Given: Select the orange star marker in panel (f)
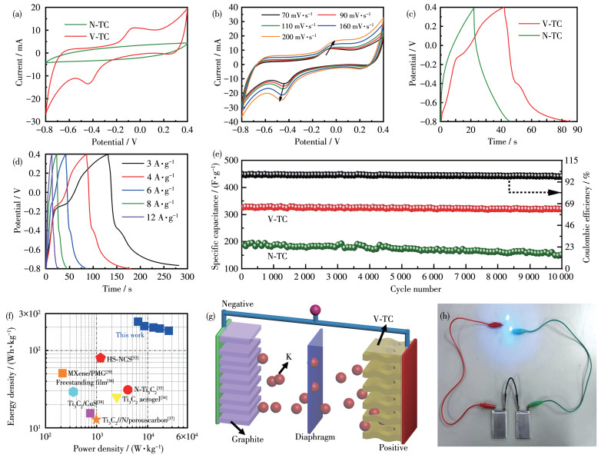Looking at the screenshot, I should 96,419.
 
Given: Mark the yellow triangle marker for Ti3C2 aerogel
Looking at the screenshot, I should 117,398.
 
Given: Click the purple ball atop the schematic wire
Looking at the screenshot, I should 314,310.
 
